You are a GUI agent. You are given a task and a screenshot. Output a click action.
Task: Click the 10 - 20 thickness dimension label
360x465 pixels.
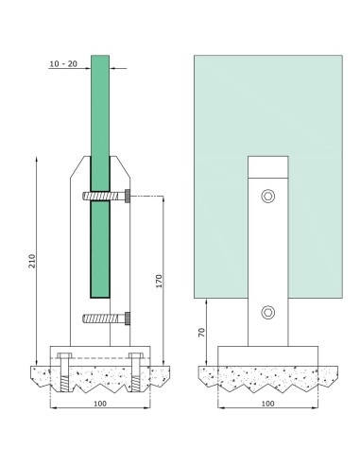coord(63,64)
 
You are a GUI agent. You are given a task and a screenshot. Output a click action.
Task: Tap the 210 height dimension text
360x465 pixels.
coord(32,261)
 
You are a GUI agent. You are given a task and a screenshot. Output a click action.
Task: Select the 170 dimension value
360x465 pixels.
coord(159,281)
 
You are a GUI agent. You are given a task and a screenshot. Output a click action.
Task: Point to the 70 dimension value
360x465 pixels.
coord(201,333)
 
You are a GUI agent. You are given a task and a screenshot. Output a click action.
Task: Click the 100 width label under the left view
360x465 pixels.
coord(100,404)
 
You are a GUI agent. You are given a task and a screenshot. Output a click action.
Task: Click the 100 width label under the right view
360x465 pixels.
coord(268,404)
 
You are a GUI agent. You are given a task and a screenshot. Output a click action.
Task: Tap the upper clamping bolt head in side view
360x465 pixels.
coord(128,197)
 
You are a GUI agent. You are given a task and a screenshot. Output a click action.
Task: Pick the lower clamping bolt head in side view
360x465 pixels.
coord(128,319)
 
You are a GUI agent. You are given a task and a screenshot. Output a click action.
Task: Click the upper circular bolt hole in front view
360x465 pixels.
coord(268,197)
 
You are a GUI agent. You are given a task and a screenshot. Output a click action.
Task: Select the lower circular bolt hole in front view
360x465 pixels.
coord(268,313)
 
